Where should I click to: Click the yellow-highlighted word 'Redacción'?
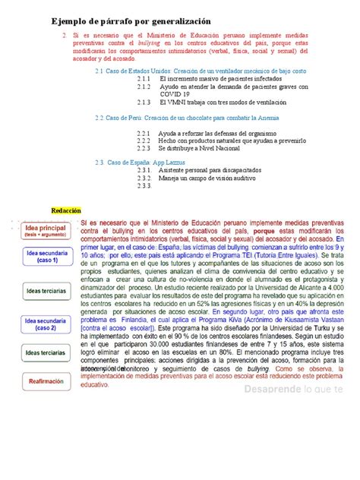65,210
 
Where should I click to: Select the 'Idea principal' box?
46,230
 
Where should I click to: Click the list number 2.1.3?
144,101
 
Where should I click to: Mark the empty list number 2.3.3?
144,185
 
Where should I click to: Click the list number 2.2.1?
144,132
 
